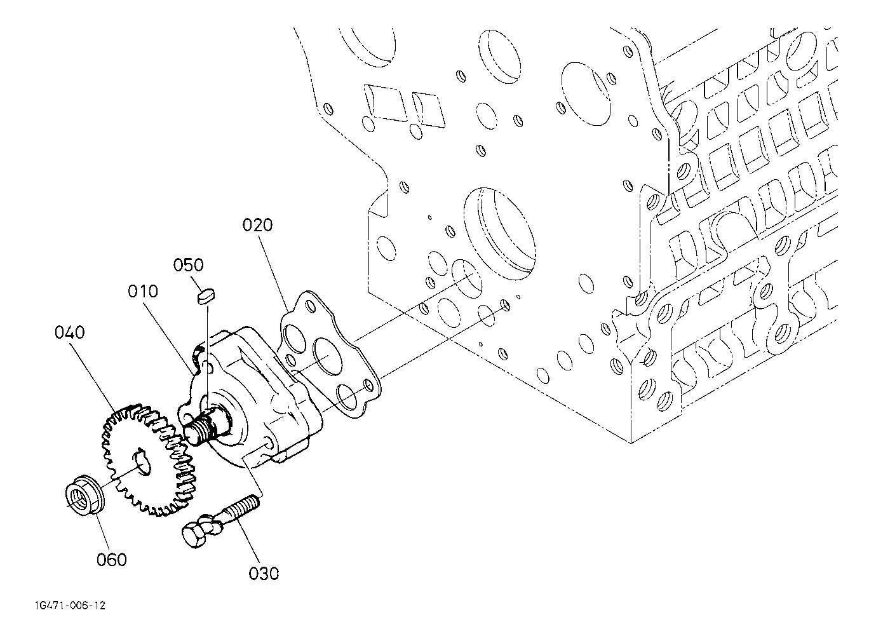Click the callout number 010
(143, 292)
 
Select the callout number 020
(257, 225)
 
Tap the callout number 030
(264, 573)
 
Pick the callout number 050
(189, 265)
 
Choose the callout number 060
(112, 559)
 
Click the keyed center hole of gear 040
(140, 460)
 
